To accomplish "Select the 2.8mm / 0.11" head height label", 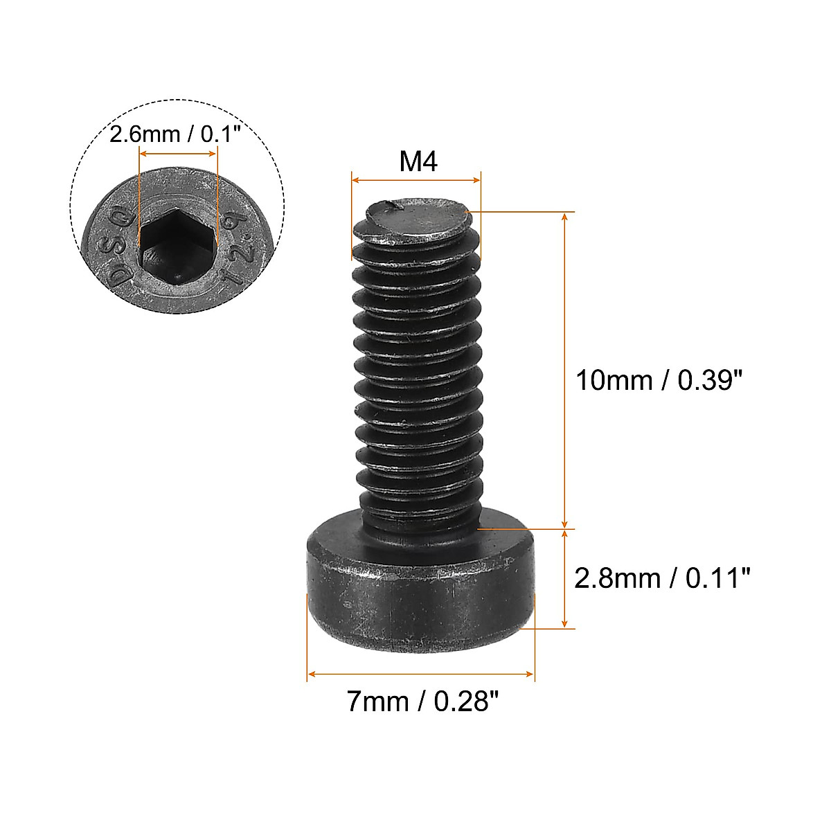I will coord(663,577).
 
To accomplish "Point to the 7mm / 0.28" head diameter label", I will coord(422,702).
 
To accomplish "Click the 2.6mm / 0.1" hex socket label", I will coord(175,134).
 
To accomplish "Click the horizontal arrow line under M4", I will coord(415,181).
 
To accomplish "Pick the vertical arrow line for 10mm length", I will coord(566,370).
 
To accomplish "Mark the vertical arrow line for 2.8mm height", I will coord(566,579).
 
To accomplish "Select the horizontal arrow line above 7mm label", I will coord(421,674).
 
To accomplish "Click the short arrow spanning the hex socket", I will coord(179,151).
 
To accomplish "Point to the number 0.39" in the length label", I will coord(709,380).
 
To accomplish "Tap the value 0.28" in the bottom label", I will coord(466,702).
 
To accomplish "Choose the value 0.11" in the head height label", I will coord(717,577).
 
